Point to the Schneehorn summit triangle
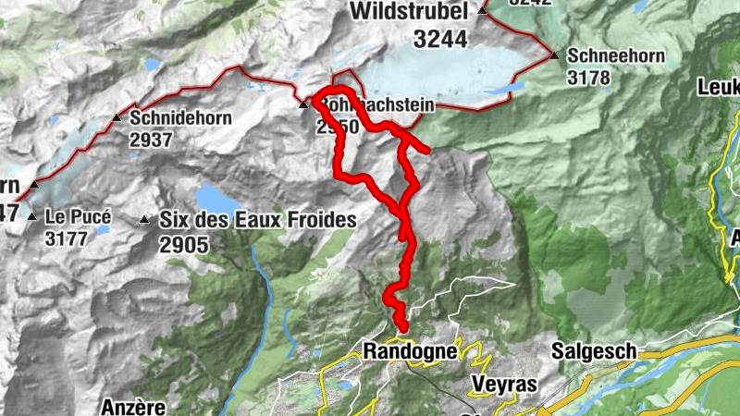(554, 55)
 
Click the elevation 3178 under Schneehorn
(590, 78)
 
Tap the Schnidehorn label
(177, 118)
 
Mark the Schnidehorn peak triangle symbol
(117, 118)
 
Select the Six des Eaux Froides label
(257, 220)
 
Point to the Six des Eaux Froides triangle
(144, 220)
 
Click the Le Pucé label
(78, 217)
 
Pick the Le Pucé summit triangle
(32, 217)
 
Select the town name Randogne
(410, 351)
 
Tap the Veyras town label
(503, 384)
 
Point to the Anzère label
(133, 406)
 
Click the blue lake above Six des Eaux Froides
(216, 197)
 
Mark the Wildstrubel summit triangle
(482, 11)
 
